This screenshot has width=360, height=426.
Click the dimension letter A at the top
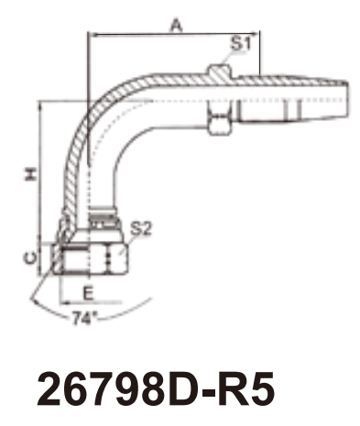176,25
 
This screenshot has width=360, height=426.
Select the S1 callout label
240,44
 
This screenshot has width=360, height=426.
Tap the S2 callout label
141,228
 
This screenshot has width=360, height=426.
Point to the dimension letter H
31,174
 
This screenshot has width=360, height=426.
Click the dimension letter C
30,258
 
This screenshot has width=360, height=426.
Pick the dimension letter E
88,293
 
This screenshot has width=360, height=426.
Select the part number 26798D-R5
156,389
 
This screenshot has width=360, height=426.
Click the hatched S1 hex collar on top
220,71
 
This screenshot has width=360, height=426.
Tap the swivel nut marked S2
89,258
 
